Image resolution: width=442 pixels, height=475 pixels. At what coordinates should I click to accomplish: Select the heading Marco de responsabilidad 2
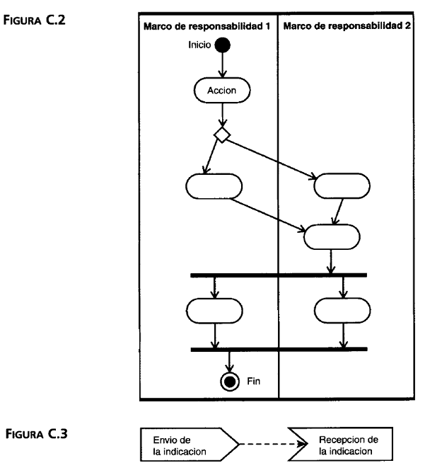(348, 25)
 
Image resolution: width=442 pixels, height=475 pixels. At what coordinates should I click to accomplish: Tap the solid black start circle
(223, 45)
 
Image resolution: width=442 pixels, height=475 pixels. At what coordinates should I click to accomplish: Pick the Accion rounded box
(222, 90)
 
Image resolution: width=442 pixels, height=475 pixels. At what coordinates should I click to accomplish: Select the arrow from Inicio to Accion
(223, 65)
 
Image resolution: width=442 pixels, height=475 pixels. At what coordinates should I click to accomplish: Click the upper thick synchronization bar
(279, 274)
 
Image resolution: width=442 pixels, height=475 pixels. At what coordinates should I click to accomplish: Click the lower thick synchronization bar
(279, 349)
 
